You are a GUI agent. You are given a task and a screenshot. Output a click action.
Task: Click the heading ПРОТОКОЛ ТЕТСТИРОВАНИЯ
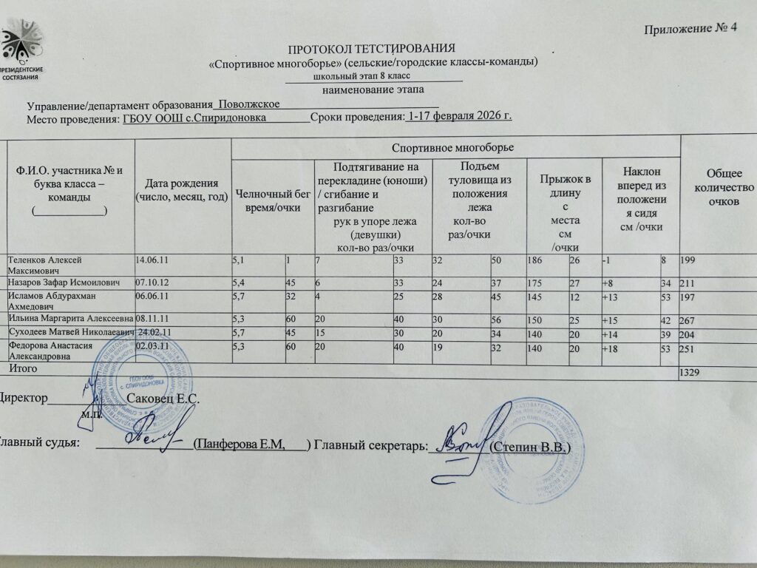(366, 49)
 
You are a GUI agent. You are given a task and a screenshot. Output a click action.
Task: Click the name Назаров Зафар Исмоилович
(61, 283)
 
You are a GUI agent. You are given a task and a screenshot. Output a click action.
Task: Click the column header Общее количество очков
(719, 189)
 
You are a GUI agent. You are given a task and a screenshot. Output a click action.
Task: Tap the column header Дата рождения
(182, 190)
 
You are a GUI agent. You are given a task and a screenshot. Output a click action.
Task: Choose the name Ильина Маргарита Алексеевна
(70, 319)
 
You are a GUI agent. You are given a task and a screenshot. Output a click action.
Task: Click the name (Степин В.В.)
(529, 448)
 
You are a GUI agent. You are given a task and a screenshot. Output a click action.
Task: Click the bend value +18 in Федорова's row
(613, 346)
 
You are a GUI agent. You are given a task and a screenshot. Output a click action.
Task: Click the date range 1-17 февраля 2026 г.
(460, 116)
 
